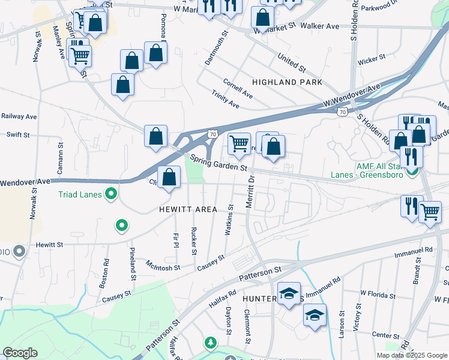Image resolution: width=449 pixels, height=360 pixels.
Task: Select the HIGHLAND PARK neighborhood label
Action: [287, 82]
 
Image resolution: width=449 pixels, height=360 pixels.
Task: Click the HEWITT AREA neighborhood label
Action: [188, 209]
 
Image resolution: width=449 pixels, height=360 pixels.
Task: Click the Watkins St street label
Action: [230, 220]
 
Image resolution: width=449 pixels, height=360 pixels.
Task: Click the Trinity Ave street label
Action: [225, 100]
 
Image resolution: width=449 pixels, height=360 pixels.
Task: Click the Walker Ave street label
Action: [320, 26]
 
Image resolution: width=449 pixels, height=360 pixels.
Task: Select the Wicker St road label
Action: [371, 60]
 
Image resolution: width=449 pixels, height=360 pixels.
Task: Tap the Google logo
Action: [20, 353]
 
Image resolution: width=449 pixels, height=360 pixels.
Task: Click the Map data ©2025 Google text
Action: [412, 355]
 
